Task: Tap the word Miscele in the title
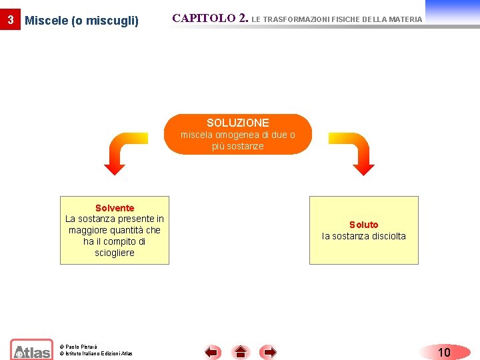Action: [46, 21]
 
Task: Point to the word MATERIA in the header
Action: [404, 19]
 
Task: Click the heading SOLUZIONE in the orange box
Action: [238, 123]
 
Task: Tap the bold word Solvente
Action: [115, 208]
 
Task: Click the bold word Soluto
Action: [364, 225]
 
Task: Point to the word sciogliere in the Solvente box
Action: [115, 253]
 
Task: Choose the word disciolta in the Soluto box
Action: [383, 236]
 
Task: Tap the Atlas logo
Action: [31, 350]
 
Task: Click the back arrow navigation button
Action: [213, 351]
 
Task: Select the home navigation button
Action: [241, 351]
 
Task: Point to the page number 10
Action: [444, 352]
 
